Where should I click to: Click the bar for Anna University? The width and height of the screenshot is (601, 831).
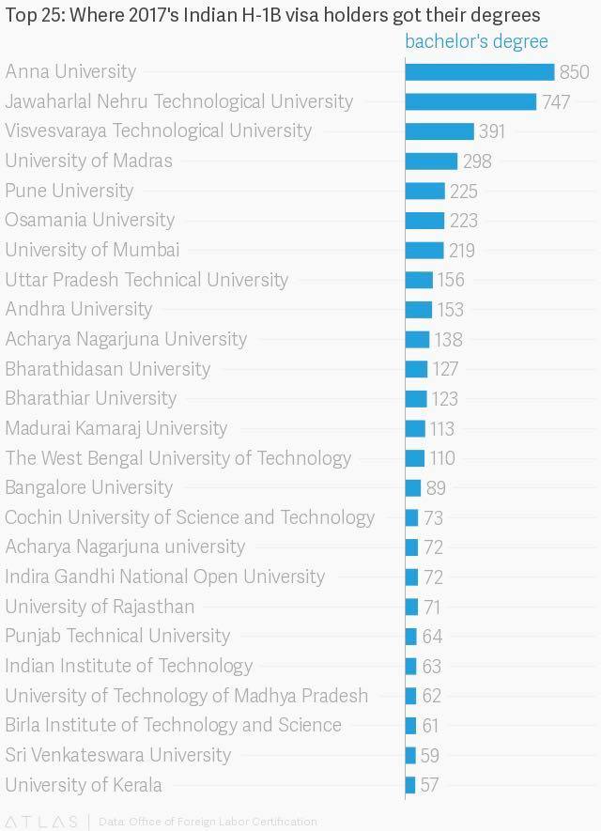(x=480, y=72)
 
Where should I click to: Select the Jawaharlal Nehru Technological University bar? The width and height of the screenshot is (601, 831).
(x=470, y=101)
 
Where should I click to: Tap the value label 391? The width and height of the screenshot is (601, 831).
(x=492, y=131)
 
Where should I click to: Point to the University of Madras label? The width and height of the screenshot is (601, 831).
(x=89, y=161)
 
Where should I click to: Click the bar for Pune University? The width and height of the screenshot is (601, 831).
(x=425, y=191)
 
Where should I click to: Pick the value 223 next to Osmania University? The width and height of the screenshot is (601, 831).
(x=464, y=221)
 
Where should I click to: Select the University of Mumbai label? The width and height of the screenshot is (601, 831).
(x=92, y=250)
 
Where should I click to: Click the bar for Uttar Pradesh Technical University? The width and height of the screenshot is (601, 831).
(x=419, y=280)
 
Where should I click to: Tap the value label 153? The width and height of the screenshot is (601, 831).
(x=451, y=310)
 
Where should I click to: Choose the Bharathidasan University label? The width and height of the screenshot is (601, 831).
(x=108, y=369)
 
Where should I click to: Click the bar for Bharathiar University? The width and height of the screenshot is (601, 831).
(x=416, y=398)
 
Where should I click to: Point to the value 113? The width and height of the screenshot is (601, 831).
(x=442, y=428)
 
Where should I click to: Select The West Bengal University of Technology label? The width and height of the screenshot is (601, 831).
(x=178, y=458)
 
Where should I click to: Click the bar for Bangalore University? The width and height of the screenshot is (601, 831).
(x=413, y=487)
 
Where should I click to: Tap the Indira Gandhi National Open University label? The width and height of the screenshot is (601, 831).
(x=165, y=577)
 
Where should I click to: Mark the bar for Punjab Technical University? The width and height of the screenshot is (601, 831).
(x=411, y=636)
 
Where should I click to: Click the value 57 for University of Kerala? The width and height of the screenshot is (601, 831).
(x=430, y=785)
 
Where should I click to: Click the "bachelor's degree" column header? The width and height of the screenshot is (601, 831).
(x=476, y=42)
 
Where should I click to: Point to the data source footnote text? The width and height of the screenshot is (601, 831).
(x=208, y=822)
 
